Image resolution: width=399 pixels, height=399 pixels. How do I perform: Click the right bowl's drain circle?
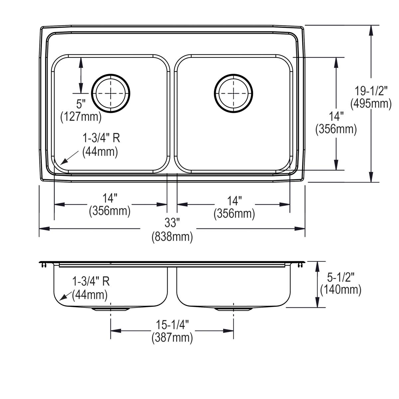pos(233,92)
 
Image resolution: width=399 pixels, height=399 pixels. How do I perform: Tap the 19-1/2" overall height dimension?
pos(371,90)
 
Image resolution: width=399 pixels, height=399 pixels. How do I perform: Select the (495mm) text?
pos(371,104)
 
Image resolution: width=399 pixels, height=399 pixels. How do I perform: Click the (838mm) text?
pos(172,237)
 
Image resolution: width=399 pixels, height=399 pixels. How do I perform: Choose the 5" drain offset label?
pos(81,104)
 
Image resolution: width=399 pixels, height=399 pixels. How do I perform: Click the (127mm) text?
pos(81,117)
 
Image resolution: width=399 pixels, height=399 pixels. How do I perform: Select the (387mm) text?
pos(172,338)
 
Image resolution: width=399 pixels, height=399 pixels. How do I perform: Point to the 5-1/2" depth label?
pos(340,276)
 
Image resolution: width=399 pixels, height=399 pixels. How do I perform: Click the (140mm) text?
pos(340,290)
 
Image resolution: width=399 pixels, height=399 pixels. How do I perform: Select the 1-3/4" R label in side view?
pos(91,282)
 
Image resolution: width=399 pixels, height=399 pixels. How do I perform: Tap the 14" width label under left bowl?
pos(110,199)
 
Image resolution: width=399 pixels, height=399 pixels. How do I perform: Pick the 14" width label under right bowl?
pos(234,200)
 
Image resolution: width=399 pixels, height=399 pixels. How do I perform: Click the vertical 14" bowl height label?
pos(336,116)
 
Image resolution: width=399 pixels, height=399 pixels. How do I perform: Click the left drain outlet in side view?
pos(110,309)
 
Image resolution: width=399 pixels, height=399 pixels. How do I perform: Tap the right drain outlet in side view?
pos(233,309)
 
